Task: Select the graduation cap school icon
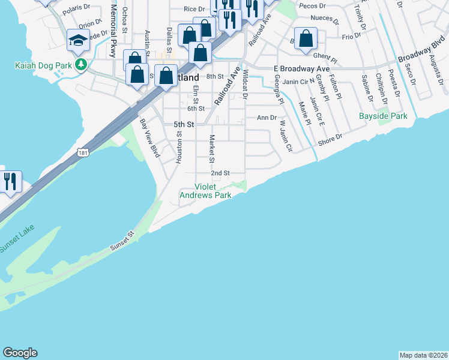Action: point(78,41)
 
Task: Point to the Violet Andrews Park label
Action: point(206,190)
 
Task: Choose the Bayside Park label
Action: point(382,116)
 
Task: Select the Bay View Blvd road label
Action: point(149,138)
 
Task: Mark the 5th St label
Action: point(184,124)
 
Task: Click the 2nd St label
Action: point(220,173)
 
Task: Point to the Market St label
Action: point(212,149)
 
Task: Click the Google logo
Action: point(20,353)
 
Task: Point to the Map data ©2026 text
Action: point(423,355)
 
